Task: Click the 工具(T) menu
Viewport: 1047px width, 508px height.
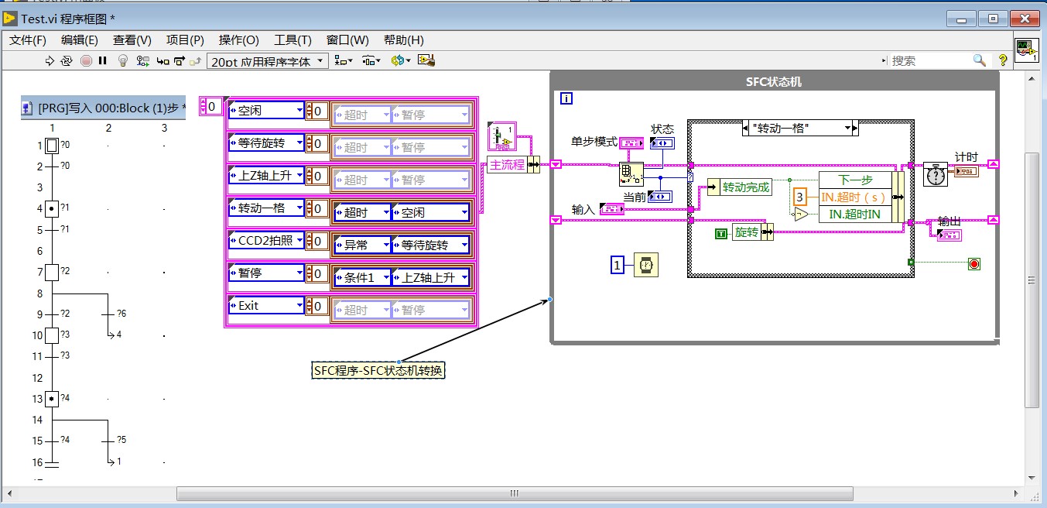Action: point(293,40)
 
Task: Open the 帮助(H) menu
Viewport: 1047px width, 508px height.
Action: point(403,40)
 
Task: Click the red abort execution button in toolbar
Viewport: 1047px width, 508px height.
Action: point(87,60)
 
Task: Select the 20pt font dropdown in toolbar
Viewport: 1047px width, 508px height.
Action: point(268,61)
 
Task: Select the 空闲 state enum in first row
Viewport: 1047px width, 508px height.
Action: point(265,111)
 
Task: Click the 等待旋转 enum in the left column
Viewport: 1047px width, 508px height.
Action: point(265,143)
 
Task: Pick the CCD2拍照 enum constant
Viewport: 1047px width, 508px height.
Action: point(265,241)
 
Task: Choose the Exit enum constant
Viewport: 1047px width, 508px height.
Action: point(265,306)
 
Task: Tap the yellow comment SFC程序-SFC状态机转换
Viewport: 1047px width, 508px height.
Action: point(379,371)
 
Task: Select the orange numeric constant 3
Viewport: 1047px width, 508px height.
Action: point(801,197)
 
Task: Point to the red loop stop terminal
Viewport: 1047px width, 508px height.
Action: point(973,264)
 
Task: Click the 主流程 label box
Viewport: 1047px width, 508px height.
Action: point(507,165)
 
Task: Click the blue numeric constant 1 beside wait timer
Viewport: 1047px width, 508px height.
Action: point(618,266)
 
